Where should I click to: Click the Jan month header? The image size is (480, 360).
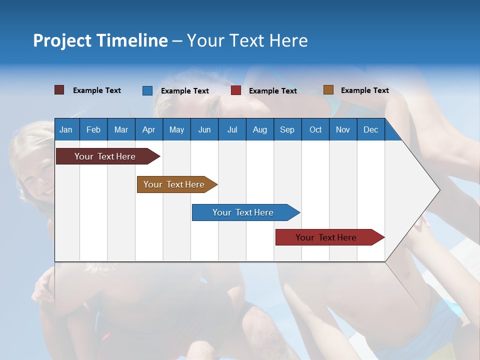(x=66, y=129)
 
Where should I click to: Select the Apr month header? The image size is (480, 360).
(x=148, y=129)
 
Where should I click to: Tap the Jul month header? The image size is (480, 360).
(x=232, y=129)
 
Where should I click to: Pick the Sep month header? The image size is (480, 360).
(x=287, y=129)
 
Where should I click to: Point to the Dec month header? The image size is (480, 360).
(x=370, y=129)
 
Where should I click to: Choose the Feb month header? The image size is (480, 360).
(x=93, y=129)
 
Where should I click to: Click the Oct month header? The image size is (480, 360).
(x=315, y=129)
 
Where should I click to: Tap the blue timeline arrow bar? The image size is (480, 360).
(x=243, y=212)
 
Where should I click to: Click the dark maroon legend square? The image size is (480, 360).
(x=59, y=90)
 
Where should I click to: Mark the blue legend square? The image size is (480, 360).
(x=147, y=90)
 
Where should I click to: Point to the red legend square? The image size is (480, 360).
(x=236, y=90)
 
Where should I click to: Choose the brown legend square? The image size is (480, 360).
(x=328, y=90)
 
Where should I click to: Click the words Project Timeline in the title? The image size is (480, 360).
(x=100, y=40)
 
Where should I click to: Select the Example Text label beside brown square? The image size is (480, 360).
(x=364, y=90)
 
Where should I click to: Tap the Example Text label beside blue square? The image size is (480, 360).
(x=184, y=91)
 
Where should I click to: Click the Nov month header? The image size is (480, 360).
(x=343, y=129)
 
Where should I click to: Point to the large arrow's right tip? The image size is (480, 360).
(x=438, y=189)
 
